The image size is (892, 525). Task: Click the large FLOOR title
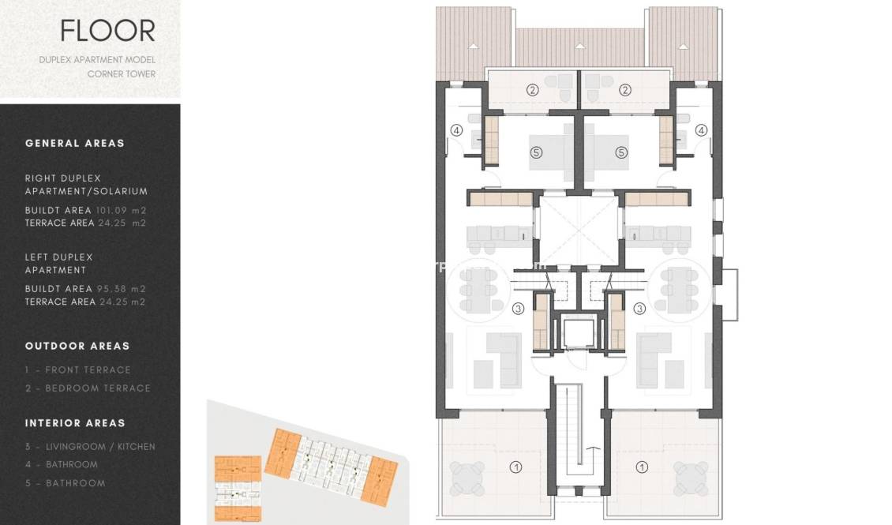pos(107,31)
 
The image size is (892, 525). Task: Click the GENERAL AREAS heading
pos(75,143)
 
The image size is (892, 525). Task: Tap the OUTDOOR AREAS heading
pos(77,346)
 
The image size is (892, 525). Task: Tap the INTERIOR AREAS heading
pos(75,423)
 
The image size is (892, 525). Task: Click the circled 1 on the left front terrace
pos(516,467)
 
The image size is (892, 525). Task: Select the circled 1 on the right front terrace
pos(642,467)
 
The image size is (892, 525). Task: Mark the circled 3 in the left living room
pos(518,309)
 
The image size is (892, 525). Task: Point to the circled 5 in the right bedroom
pos(621,152)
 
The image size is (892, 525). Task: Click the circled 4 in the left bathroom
pos(456,130)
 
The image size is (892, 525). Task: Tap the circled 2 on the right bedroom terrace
pos(625,90)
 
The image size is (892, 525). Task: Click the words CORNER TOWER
pos(122,74)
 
